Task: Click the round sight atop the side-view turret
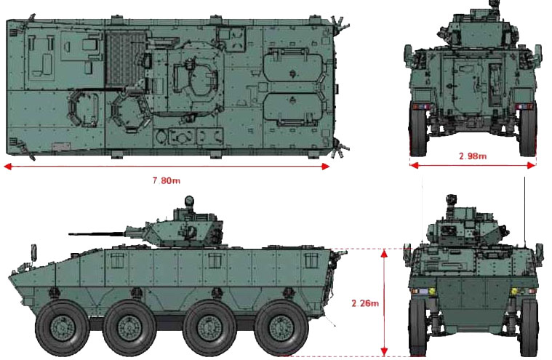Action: pyautogui.click(x=190, y=201)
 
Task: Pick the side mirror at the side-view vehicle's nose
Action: pyautogui.click(x=33, y=252)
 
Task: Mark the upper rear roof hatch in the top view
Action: pyautogui.click(x=289, y=68)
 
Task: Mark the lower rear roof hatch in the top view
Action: pyautogui.click(x=289, y=114)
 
